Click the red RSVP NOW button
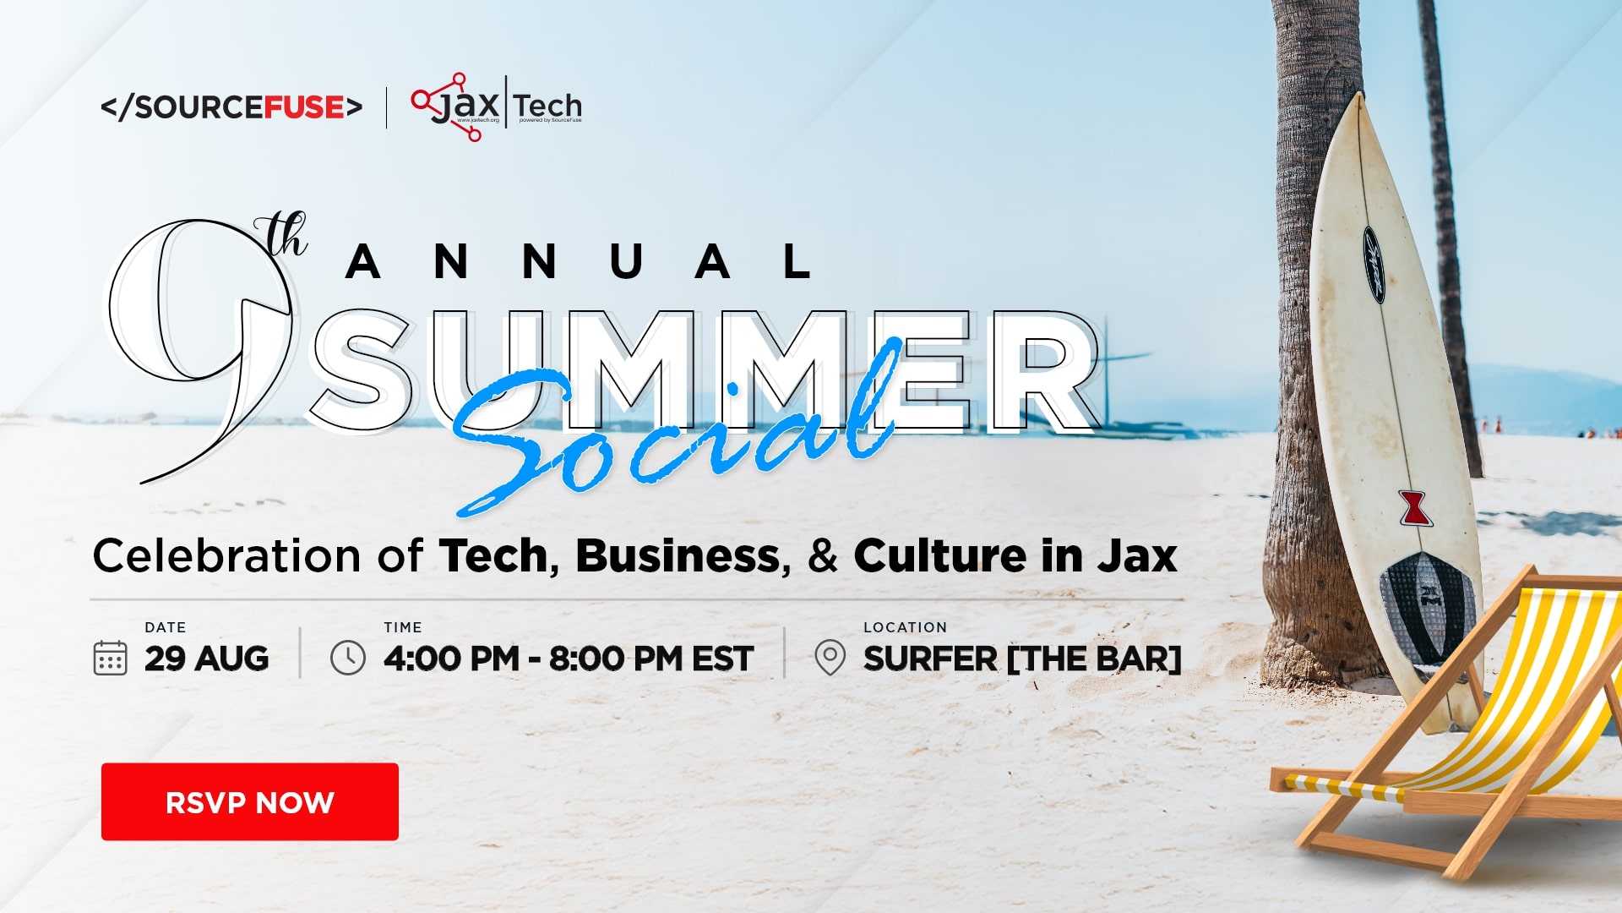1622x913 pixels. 250,801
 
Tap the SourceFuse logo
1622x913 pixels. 231,107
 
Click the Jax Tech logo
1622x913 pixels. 497,107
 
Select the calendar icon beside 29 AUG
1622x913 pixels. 110,658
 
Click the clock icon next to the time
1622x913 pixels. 348,658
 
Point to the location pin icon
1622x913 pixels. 830,658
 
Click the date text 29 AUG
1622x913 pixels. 207,659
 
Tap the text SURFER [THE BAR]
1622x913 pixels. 1022,659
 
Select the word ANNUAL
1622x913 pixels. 580,261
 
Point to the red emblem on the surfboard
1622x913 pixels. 1413,507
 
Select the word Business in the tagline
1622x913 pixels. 683,556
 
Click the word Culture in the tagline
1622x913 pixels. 940,556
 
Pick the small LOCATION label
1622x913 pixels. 905,627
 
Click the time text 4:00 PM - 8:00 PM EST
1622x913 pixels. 569,659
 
